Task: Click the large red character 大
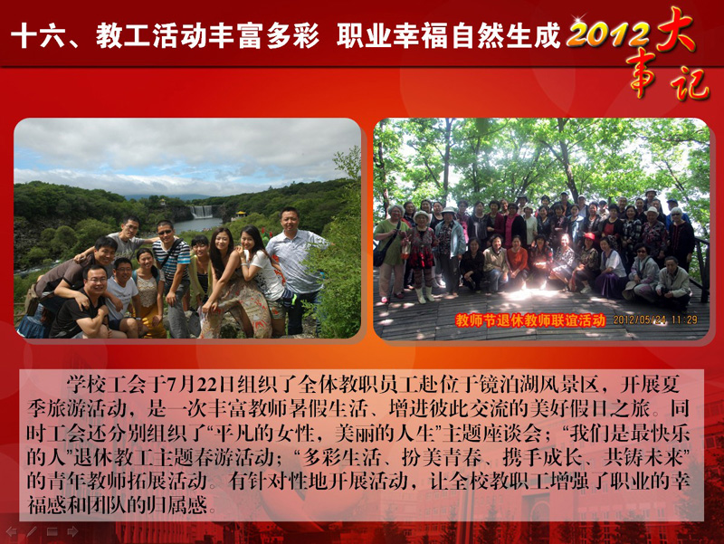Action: tap(674, 29)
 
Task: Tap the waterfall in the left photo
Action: tap(202, 212)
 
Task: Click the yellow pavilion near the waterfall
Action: tap(241, 215)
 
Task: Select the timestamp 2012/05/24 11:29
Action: tap(654, 320)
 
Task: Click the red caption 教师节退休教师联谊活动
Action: tap(530, 320)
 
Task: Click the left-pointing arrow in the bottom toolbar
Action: tap(11, 532)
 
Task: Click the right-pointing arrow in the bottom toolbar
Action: tap(72, 532)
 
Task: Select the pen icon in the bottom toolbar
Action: tap(32, 532)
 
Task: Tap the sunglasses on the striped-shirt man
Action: tap(165, 232)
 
